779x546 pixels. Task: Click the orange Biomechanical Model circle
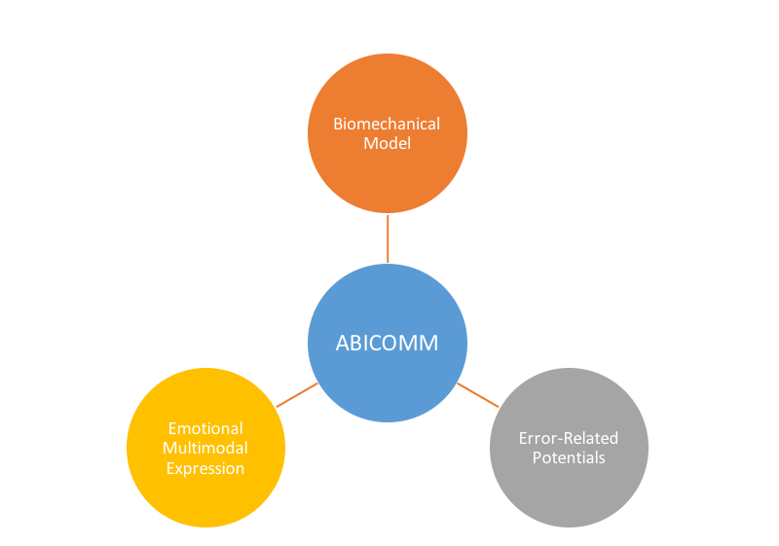pyautogui.click(x=388, y=175)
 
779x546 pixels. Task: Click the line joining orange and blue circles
pyautogui.click(x=388, y=238)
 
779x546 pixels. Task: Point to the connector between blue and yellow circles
pyautogui.click(x=297, y=394)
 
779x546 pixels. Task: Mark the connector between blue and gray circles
pyautogui.click(x=478, y=394)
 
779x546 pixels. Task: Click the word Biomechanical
pyautogui.click(x=387, y=124)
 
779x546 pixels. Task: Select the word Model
pyautogui.click(x=387, y=143)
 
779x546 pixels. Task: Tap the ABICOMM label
pyautogui.click(x=388, y=344)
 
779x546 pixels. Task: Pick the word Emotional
pyautogui.click(x=205, y=428)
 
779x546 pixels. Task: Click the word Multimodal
pyautogui.click(x=205, y=448)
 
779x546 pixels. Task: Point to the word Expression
pyautogui.click(x=205, y=468)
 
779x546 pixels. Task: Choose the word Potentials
pyautogui.click(x=569, y=457)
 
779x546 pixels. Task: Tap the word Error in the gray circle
pyautogui.click(x=537, y=438)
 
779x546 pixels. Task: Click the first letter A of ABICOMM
pyautogui.click(x=343, y=344)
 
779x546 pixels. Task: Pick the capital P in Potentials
pyautogui.click(x=537, y=457)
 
